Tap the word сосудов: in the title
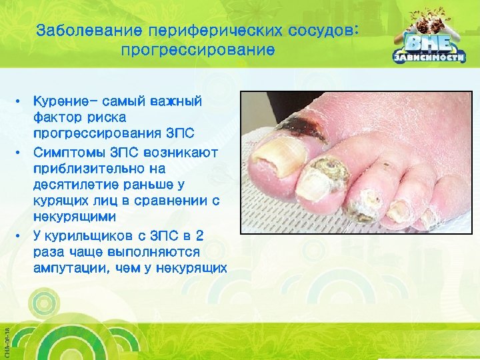tap(326, 31)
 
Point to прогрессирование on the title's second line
tap(198, 50)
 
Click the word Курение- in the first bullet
tap(65, 102)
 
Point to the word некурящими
tap(74, 217)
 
